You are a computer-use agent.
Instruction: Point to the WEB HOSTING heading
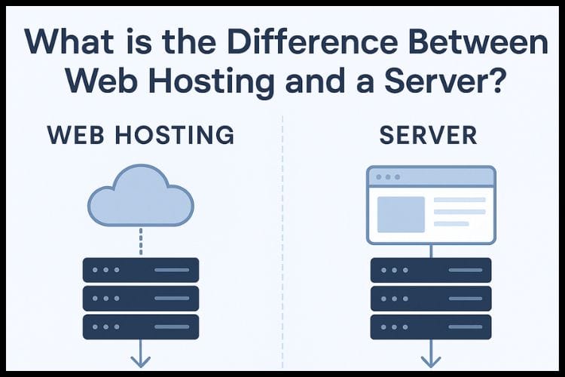pyautogui.click(x=140, y=136)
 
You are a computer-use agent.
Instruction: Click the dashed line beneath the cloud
pyautogui.click(x=141, y=241)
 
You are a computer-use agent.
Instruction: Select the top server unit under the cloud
pyautogui.click(x=141, y=270)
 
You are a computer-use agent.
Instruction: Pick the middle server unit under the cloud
pyautogui.click(x=141, y=298)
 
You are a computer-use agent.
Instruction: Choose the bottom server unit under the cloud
pyautogui.click(x=141, y=326)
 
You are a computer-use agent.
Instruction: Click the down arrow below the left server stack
pyautogui.click(x=141, y=354)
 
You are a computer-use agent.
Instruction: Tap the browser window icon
pyautogui.click(x=431, y=204)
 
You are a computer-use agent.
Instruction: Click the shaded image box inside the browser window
pyautogui.click(x=400, y=213)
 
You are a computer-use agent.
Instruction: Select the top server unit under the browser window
pyautogui.click(x=431, y=270)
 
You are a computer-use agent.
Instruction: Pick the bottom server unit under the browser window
pyautogui.click(x=431, y=326)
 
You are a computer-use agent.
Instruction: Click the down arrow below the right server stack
pyautogui.click(x=431, y=354)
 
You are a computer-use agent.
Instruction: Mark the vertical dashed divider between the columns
pyautogui.click(x=282, y=241)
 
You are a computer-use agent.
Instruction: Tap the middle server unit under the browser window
pyautogui.click(x=431, y=298)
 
